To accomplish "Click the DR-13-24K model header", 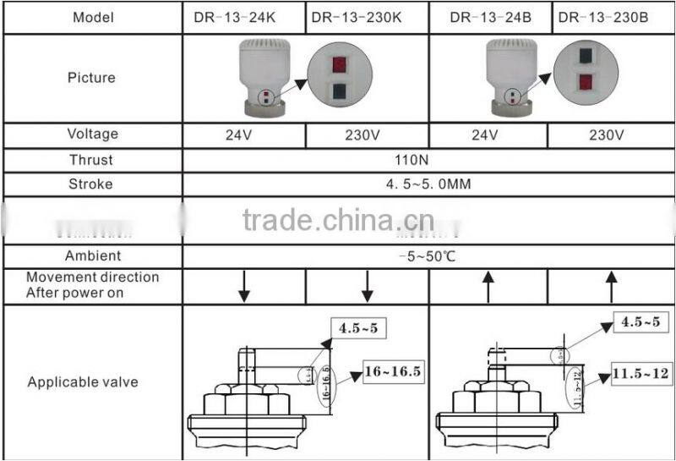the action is point(243,17).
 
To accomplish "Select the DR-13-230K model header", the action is point(367,17).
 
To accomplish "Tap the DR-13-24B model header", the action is point(490,17).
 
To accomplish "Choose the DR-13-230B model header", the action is point(613,17).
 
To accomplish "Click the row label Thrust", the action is point(92,160).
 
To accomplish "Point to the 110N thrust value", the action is point(429,160).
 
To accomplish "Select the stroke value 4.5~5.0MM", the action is point(429,184).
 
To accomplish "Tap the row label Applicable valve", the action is point(82,382).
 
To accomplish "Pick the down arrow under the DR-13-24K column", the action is point(243,287).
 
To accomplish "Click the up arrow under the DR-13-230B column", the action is point(613,287).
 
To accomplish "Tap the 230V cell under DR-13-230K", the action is point(367,134).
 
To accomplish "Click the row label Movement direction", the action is point(92,285).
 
